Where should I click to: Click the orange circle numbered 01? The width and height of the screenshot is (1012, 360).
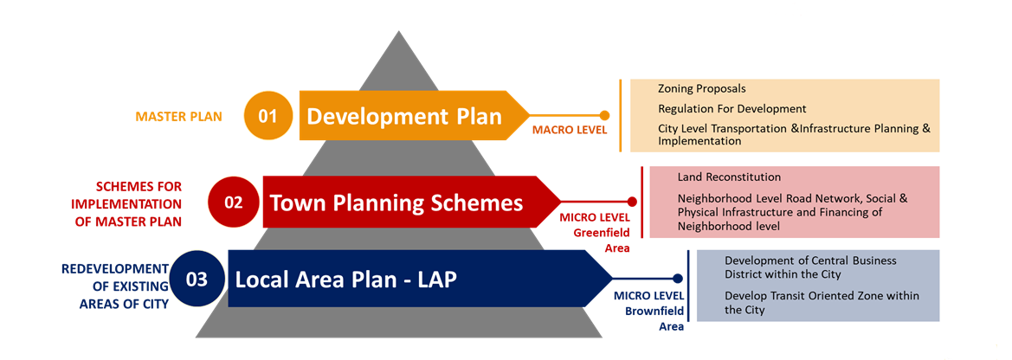[268, 116]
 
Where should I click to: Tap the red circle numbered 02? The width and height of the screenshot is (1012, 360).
[233, 202]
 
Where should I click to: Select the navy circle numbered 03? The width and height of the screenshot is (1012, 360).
[197, 280]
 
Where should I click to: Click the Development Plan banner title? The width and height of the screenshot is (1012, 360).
[404, 116]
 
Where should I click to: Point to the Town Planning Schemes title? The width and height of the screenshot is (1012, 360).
[396, 202]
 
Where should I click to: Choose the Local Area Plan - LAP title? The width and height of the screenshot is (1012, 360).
[346, 280]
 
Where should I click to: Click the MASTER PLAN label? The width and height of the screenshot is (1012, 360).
[179, 117]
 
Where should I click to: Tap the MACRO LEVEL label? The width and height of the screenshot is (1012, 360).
[570, 131]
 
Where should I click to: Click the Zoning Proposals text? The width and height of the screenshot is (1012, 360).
[702, 89]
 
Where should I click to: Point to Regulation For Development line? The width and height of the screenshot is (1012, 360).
[732, 109]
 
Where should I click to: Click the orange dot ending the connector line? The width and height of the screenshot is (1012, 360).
[605, 116]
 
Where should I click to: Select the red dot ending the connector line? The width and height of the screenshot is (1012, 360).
[633, 202]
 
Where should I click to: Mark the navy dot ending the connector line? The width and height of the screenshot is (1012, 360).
[678, 279]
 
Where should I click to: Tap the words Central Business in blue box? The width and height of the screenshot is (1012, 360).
[848, 260]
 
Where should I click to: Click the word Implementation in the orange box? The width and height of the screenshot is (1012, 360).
[699, 141]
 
